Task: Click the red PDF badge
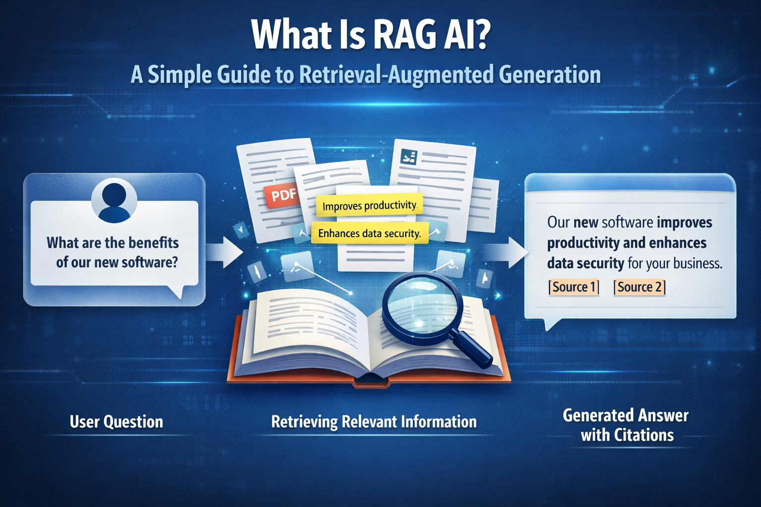(283, 195)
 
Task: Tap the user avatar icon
(114, 200)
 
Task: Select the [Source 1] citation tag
(574, 287)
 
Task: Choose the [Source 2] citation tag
(639, 287)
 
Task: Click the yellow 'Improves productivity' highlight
(369, 205)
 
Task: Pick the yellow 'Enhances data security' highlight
(369, 233)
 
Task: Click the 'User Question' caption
(116, 422)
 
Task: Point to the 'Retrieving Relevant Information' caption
(374, 422)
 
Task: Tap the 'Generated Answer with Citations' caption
(626, 425)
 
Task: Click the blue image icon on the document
(409, 158)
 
